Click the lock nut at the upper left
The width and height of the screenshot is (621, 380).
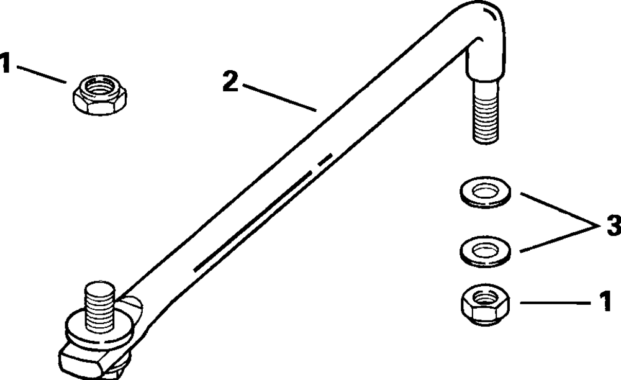click(x=100, y=94)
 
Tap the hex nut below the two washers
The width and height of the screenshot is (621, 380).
click(x=486, y=305)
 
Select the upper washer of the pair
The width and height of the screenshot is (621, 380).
click(x=486, y=192)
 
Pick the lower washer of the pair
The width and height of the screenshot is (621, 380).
click(x=486, y=251)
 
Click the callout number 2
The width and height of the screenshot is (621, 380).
click(x=230, y=83)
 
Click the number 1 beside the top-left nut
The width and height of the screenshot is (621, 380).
click(x=5, y=63)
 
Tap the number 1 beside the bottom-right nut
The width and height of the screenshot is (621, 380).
click(x=605, y=302)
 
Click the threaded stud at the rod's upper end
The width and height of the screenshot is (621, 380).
click(x=485, y=111)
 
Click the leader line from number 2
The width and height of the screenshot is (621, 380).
click(x=279, y=97)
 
